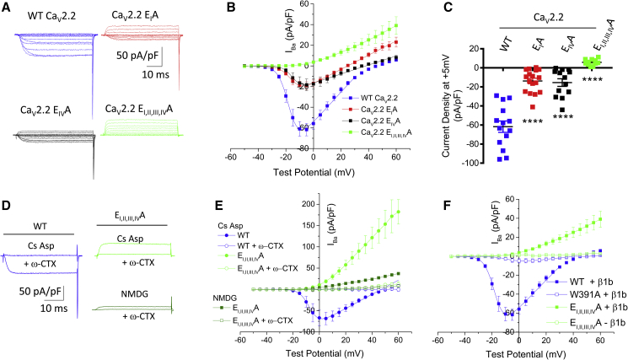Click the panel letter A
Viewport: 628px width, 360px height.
click(7, 7)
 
